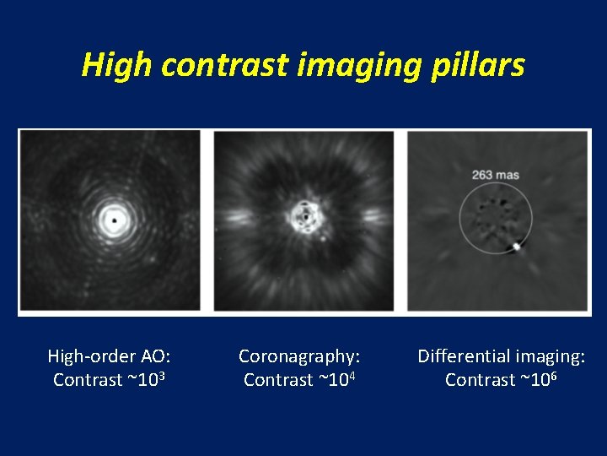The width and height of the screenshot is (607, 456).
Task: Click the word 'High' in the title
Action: click(x=117, y=65)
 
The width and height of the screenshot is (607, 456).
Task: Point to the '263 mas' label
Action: click(x=496, y=176)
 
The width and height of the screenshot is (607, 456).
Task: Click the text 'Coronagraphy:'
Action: click(x=300, y=356)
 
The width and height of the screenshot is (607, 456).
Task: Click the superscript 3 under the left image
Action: click(x=160, y=376)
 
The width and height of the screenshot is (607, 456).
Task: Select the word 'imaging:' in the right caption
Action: click(x=552, y=356)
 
